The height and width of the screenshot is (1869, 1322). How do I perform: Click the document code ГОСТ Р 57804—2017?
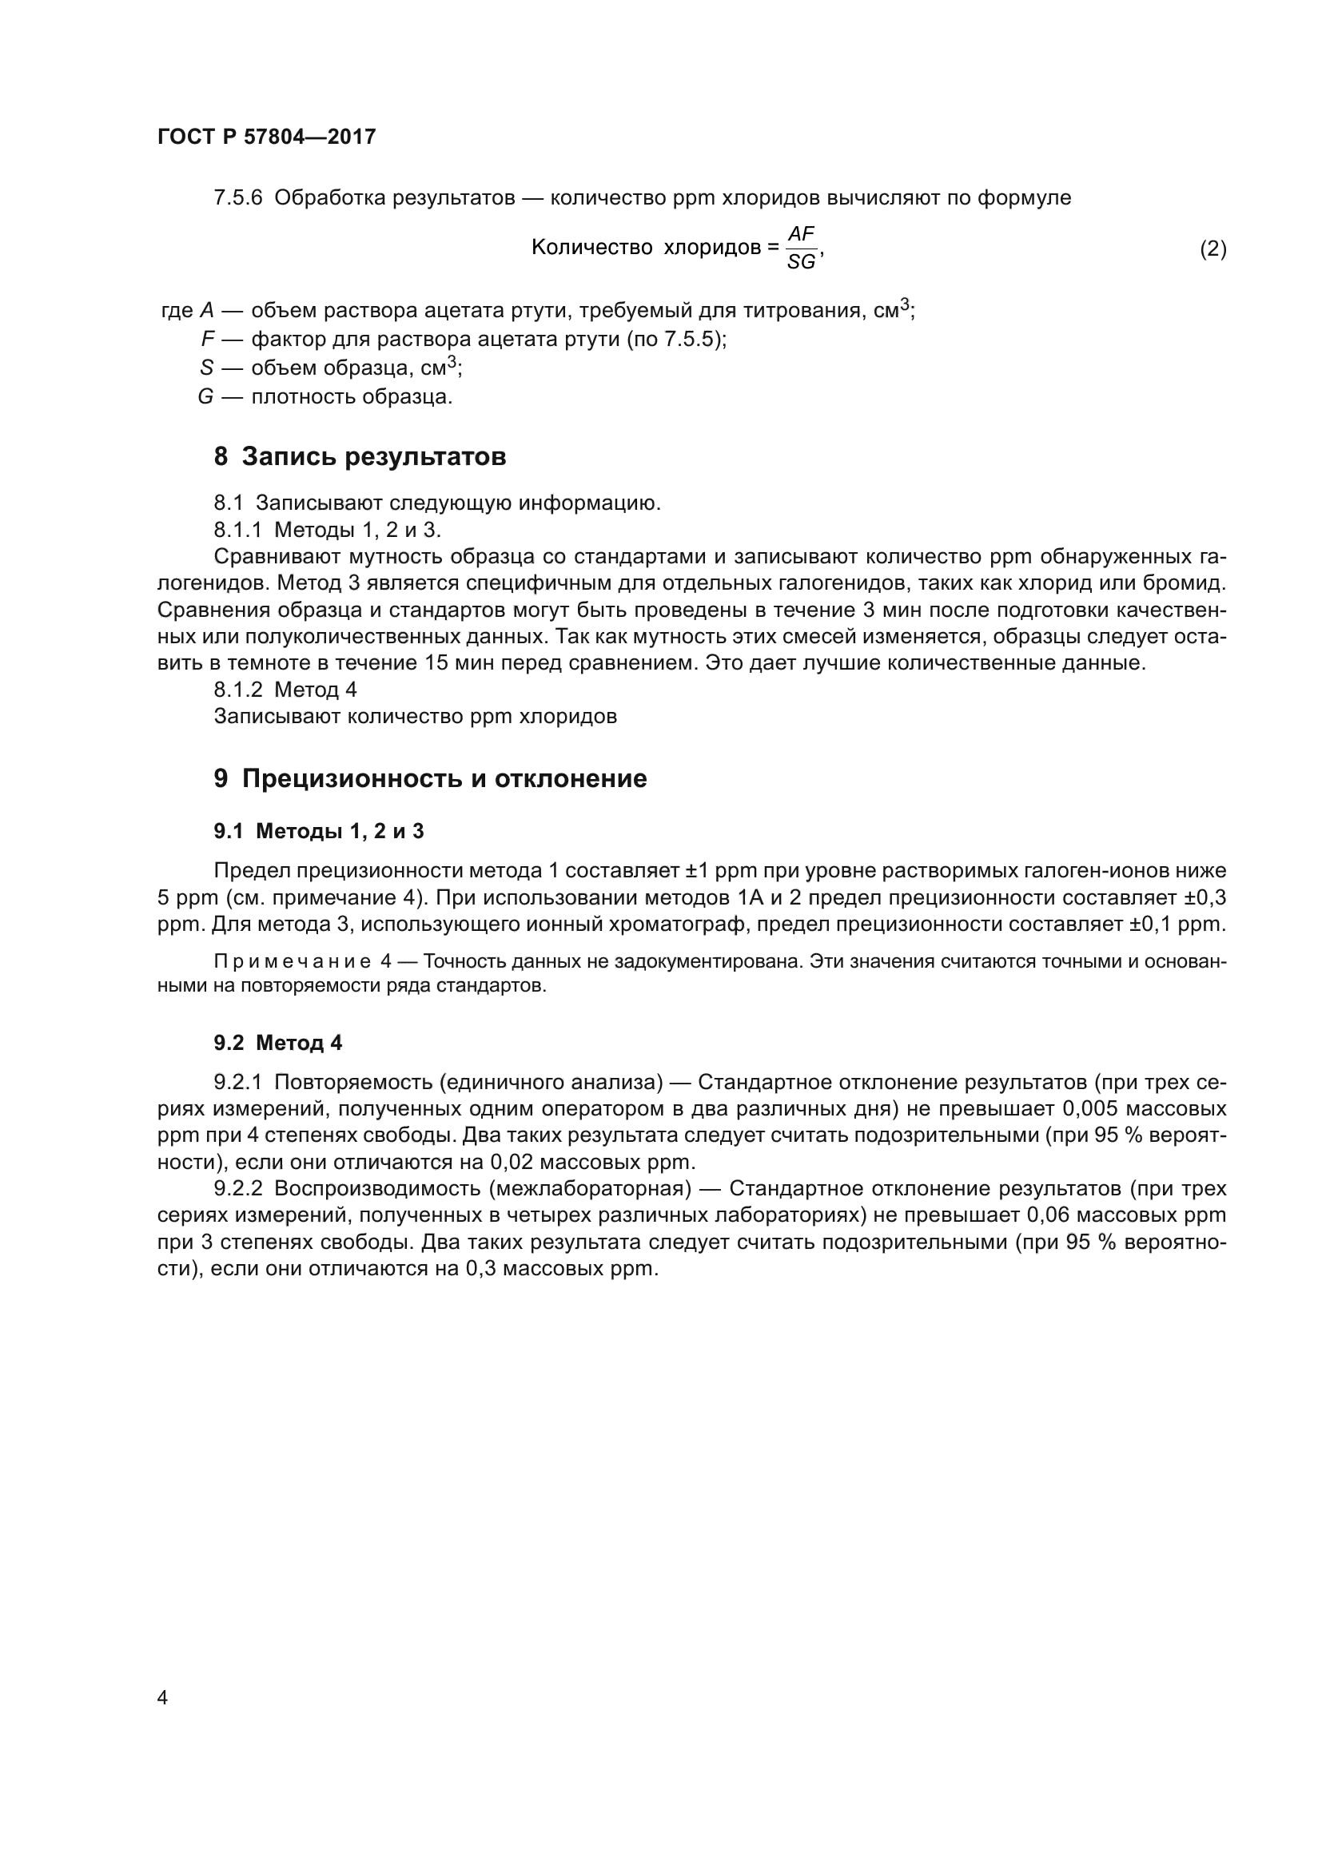point(266,137)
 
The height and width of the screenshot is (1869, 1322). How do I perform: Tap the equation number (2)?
point(1212,249)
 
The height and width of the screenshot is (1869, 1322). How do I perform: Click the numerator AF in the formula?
point(801,234)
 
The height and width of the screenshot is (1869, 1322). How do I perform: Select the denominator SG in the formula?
point(801,262)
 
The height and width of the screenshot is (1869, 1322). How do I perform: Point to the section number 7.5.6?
point(237,198)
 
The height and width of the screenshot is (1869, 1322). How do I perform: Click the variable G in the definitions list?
point(205,397)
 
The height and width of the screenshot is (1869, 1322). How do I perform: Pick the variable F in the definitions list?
point(208,340)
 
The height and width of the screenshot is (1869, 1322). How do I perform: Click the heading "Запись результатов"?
point(373,457)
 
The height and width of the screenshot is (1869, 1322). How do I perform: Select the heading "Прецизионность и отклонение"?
point(444,779)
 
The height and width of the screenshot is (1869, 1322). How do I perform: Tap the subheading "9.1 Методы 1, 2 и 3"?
point(318,831)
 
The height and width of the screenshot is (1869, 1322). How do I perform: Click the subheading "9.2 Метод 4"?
point(277,1043)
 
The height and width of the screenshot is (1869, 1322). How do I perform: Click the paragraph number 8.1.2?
point(237,690)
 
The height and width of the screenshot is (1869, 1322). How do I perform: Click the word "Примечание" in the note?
point(293,962)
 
